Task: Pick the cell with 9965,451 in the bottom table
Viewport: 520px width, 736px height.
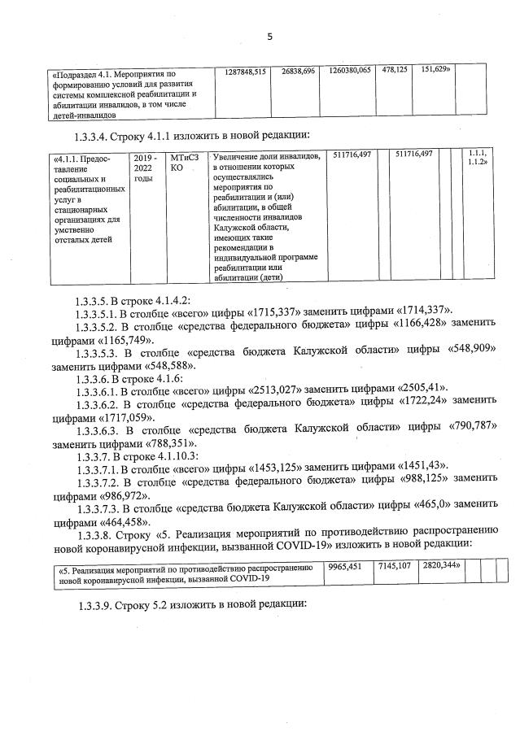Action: point(343,567)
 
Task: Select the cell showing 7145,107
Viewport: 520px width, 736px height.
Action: point(394,567)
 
